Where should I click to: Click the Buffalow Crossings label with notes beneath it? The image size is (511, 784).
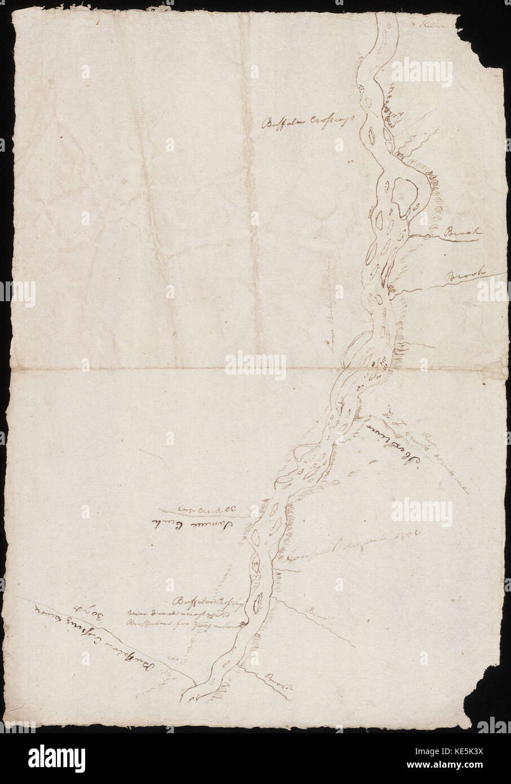[x=210, y=601]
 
